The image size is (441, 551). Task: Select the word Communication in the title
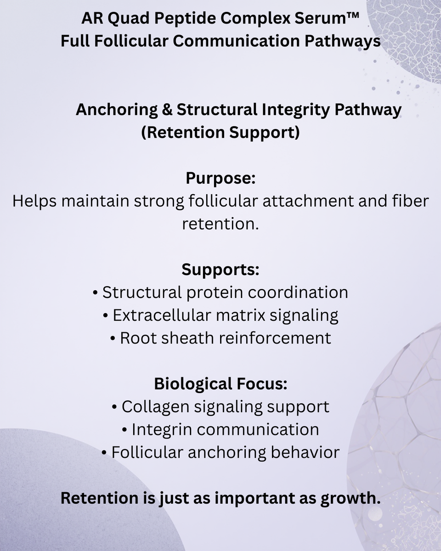[x=236, y=41]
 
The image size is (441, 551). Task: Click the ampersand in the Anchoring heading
[x=167, y=110]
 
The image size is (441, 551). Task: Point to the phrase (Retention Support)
[x=220, y=132]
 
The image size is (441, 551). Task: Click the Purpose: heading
[x=220, y=178]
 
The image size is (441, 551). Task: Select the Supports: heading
[x=220, y=270]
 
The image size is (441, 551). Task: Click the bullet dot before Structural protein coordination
[x=96, y=292]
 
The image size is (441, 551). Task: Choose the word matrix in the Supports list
[x=240, y=315]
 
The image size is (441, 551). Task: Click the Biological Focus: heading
[x=220, y=384]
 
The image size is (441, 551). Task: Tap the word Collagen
[x=155, y=407]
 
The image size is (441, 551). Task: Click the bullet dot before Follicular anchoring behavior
[x=104, y=453]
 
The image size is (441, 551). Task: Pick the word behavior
[x=305, y=452]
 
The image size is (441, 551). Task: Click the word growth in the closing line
[x=351, y=498]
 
